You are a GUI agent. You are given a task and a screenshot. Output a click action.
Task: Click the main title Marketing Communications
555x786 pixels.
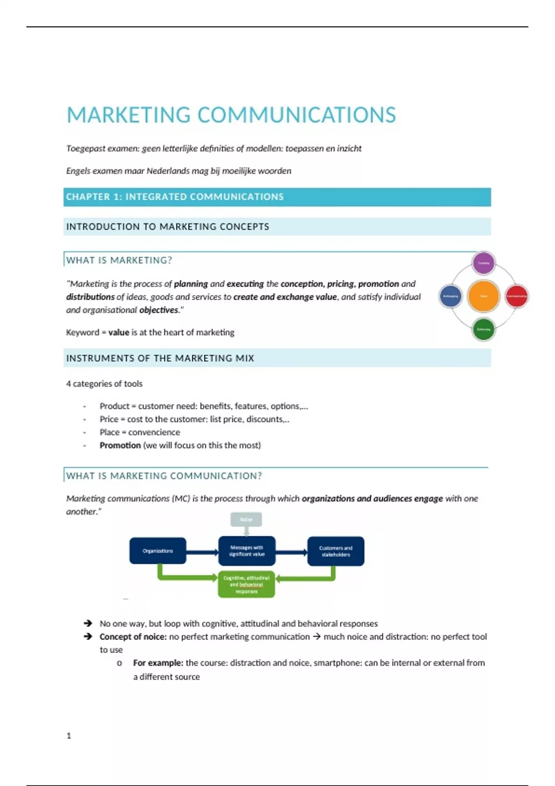231,115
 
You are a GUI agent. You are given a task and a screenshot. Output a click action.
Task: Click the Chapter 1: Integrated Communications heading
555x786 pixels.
175,197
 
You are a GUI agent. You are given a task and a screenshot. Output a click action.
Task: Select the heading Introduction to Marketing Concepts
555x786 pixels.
167,227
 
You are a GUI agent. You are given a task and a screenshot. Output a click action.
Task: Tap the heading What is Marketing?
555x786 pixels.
119,260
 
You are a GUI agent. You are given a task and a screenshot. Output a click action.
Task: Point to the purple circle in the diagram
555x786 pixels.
483,263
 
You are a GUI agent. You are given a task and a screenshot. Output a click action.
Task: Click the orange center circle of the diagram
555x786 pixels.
483,296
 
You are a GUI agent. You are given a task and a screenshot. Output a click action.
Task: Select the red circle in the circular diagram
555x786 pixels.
516,296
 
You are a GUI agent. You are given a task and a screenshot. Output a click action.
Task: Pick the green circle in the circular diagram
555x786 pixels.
483,329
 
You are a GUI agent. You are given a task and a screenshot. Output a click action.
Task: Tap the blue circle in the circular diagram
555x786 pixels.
450,296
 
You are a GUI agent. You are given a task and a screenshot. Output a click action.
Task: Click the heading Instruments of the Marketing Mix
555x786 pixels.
160,358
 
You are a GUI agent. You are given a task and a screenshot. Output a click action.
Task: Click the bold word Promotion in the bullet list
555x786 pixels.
120,445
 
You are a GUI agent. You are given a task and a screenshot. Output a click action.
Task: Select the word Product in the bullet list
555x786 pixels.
114,406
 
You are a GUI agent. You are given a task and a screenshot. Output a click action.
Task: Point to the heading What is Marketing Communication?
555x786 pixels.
164,476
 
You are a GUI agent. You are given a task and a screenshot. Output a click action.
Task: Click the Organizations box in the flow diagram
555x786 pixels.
158,551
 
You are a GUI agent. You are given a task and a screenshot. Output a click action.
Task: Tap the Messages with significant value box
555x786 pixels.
247,551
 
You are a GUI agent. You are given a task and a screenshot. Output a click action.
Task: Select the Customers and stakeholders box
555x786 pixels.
336,551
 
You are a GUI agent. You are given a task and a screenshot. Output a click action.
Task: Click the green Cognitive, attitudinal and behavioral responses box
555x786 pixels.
247,584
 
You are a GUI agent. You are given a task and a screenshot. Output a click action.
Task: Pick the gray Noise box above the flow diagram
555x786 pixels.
246,519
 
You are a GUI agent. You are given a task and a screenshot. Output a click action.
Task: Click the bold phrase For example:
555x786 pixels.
158,663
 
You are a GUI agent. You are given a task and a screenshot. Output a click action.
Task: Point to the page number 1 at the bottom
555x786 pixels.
69,736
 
